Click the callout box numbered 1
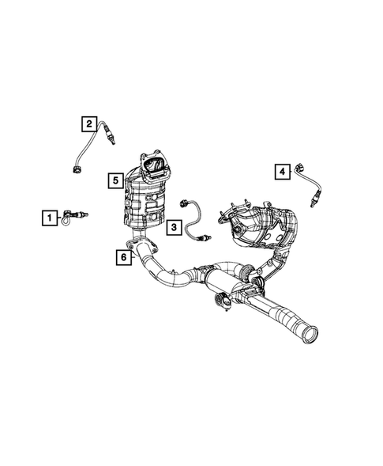click(49, 216)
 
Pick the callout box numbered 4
click(280, 169)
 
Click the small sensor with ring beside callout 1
click(79, 215)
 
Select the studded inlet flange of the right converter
click(238, 214)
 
